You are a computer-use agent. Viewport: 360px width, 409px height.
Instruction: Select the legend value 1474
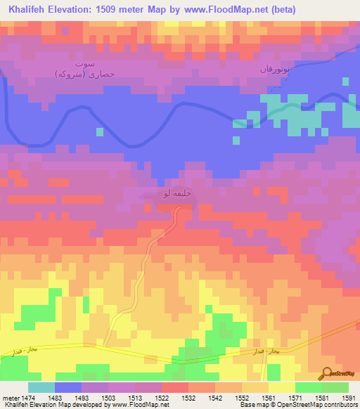coord(27,398)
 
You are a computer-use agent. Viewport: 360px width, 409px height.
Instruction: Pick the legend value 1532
coord(188,398)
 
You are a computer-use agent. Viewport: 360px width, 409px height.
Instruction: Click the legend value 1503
coord(108,398)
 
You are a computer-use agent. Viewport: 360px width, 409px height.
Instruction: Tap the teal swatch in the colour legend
coord(41,387)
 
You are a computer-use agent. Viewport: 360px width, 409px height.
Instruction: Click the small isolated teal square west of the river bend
coord(99,131)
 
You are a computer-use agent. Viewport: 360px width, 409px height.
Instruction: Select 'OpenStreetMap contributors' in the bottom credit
coord(325,405)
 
